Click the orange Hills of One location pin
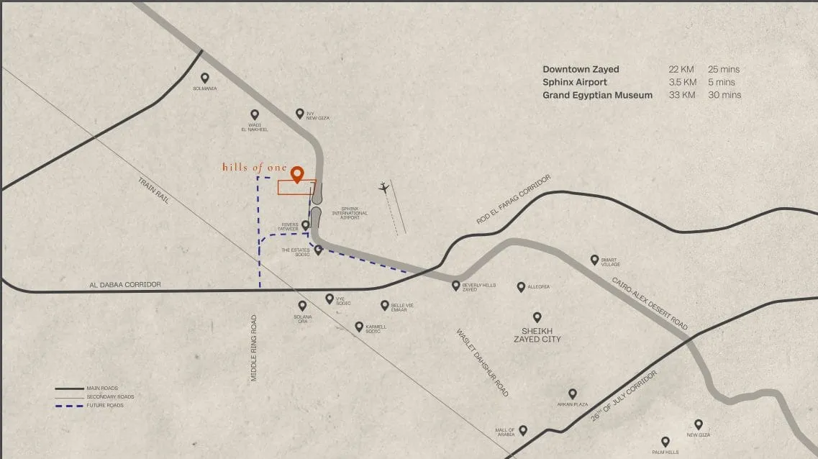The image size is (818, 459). [296, 173]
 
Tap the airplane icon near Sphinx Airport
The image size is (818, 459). [383, 188]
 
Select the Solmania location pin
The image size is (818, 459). [205, 78]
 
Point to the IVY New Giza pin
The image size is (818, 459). [300, 113]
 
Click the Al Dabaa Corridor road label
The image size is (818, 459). [126, 285]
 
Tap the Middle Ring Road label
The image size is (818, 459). [254, 347]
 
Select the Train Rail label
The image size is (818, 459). [153, 190]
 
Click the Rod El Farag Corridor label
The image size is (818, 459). [514, 199]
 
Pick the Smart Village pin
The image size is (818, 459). [594, 259]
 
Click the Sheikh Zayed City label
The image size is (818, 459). [537, 335]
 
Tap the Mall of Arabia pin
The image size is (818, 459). [523, 430]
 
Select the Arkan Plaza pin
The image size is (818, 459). [573, 394]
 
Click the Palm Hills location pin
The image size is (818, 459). [665, 441]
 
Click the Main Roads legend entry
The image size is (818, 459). [101, 388]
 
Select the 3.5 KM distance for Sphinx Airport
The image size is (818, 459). [682, 82]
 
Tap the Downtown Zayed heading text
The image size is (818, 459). [581, 69]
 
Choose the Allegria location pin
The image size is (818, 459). [521, 286]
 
